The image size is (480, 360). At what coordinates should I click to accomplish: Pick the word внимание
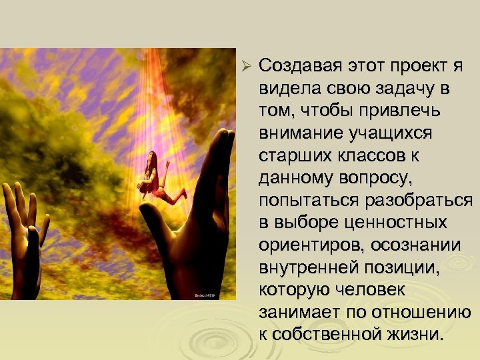(301, 133)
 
